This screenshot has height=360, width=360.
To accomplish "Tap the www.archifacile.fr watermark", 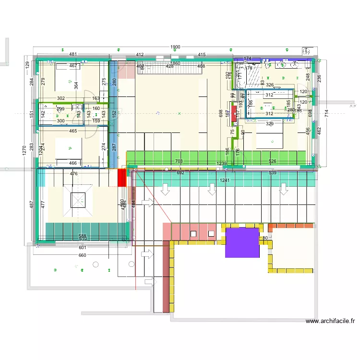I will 330,322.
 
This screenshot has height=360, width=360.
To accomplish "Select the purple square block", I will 242,242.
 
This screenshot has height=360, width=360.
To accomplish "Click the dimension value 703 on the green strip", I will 179,161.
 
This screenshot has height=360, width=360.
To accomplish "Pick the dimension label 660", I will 83,255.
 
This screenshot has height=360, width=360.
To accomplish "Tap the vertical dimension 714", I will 326,114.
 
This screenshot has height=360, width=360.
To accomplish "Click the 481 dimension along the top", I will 73,55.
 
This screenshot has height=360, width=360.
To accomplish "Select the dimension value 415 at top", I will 202,55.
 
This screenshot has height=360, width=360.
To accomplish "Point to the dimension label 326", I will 270,85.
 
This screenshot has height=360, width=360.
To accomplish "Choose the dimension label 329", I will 270,124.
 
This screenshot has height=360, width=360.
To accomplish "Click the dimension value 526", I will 273,161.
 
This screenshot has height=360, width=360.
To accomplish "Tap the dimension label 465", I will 73,131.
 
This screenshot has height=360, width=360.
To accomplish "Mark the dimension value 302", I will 60,98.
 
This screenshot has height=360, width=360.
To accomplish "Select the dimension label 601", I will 83,248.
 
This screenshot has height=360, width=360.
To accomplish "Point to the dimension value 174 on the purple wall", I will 248,59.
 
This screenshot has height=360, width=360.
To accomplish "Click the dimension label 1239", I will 221,164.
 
